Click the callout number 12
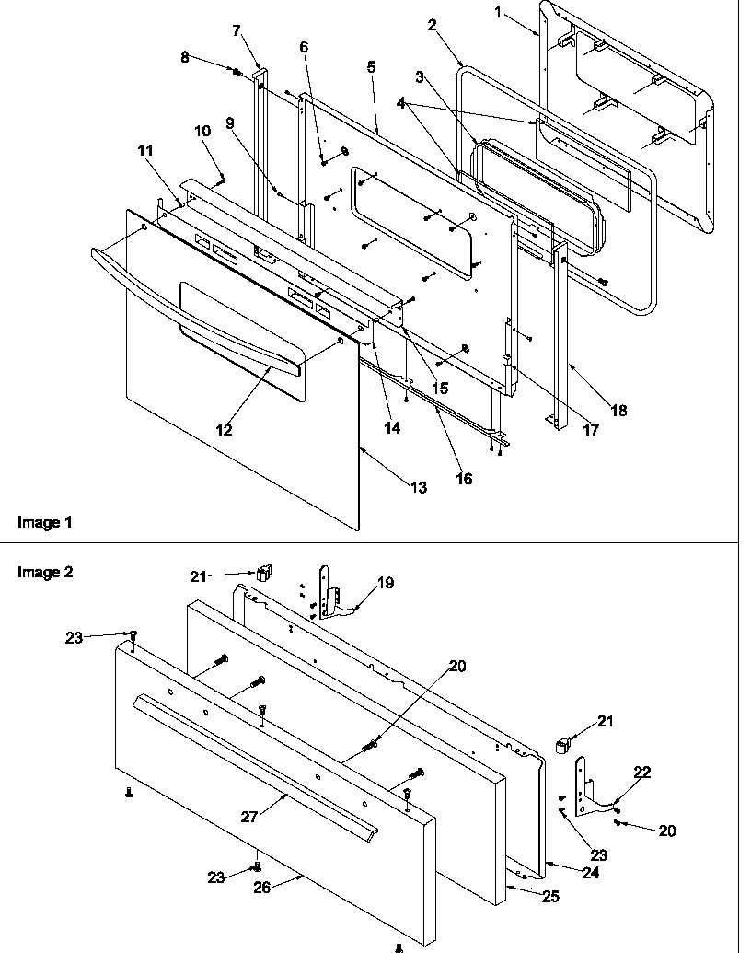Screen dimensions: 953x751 224,429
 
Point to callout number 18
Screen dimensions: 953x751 618,411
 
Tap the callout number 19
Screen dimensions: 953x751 386,582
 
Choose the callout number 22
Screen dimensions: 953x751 641,773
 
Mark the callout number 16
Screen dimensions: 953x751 465,479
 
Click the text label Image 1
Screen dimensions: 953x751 44,522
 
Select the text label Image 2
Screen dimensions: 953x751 44,572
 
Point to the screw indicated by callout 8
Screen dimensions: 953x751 237,72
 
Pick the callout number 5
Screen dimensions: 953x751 372,68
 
